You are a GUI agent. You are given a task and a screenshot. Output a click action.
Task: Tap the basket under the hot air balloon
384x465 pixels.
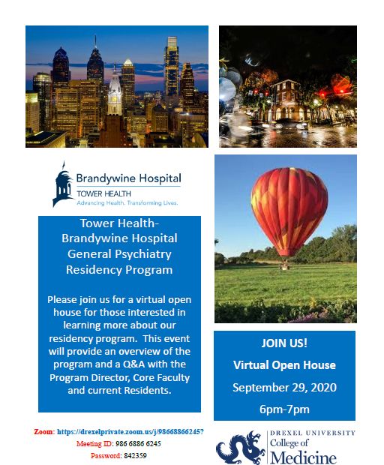[x=285, y=266]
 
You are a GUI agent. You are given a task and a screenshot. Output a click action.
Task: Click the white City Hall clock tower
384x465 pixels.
[x=115, y=92]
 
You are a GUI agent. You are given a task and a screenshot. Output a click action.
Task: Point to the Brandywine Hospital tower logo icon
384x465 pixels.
[x=62, y=184]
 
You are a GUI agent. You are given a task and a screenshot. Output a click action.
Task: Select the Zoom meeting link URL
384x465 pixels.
[x=130, y=432]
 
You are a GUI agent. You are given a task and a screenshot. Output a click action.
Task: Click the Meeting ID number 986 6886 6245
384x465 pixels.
[x=138, y=444]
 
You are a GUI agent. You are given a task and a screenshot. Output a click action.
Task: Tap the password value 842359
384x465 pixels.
[x=135, y=455]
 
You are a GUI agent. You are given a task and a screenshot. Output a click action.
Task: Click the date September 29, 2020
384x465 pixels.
[x=284, y=388]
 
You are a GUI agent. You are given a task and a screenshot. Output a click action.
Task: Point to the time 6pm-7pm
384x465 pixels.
[x=284, y=409]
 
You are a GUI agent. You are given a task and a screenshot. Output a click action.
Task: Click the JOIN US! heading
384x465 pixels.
[x=284, y=343]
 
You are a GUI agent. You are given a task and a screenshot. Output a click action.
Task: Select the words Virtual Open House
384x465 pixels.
[x=284, y=365]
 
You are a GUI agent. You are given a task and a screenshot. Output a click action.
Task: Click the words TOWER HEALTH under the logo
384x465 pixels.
[x=103, y=193]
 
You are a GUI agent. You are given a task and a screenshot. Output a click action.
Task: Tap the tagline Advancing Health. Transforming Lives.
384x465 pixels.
[x=127, y=202]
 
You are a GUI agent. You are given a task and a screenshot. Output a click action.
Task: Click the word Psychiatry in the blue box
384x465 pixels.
[x=143, y=254]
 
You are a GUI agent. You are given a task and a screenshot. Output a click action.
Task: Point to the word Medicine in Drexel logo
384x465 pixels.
[x=303, y=457]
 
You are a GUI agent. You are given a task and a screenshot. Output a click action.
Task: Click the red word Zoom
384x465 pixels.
[x=44, y=432]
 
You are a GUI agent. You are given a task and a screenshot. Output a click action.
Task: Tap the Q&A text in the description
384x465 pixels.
[x=133, y=364]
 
